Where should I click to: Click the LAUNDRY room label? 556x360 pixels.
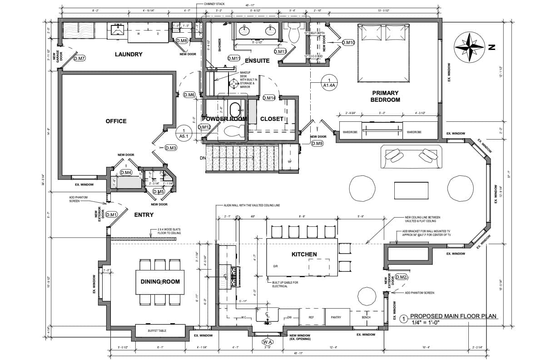(x=129, y=55)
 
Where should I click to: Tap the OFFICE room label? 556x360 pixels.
(x=116, y=121)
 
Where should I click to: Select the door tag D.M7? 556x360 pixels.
(x=79, y=58)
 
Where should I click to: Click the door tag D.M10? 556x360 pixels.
(x=348, y=42)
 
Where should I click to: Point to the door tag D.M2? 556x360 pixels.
(x=401, y=277)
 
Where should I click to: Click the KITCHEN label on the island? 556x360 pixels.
(x=304, y=254)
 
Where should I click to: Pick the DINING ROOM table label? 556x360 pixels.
(x=160, y=281)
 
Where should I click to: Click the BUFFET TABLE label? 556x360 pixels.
(x=157, y=331)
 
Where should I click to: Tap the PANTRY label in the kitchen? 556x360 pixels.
(x=336, y=317)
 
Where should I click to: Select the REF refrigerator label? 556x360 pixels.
(x=311, y=317)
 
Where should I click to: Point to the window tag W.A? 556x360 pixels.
(x=267, y=341)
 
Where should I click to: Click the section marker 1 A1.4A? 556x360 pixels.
(x=329, y=81)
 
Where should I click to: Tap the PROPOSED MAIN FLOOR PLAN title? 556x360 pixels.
(x=453, y=316)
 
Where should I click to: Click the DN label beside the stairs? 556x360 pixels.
(x=203, y=158)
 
